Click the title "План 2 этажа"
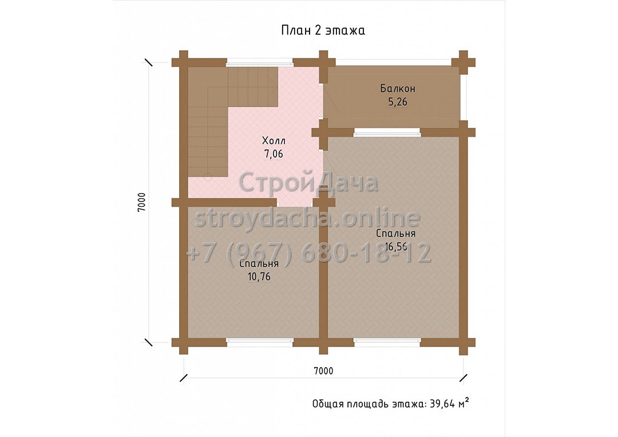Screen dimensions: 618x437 pyautogui.click(x=323, y=31)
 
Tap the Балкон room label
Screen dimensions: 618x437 pyautogui.click(x=398, y=88)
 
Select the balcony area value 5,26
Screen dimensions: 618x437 pyautogui.click(x=398, y=102)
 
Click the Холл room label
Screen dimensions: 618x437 pyautogui.click(x=274, y=140)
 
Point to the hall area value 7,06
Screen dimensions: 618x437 pyautogui.click(x=274, y=154)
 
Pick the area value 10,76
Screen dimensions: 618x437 pyautogui.click(x=259, y=277)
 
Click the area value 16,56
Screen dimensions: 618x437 pyautogui.click(x=396, y=247)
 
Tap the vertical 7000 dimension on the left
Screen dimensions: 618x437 pyautogui.click(x=141, y=202)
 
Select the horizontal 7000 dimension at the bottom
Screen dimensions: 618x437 pyautogui.click(x=323, y=371)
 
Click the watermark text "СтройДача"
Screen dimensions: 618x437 pyautogui.click(x=308, y=183)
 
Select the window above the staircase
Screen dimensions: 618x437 pyautogui.click(x=260, y=62)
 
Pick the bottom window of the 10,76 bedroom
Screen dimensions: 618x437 pyautogui.click(x=260, y=342)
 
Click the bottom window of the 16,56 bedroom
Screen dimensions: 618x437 pyautogui.click(x=387, y=342)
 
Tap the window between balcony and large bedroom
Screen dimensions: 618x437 pyautogui.click(x=387, y=132)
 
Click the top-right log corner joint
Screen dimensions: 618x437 pyautogui.click(x=463, y=62)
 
